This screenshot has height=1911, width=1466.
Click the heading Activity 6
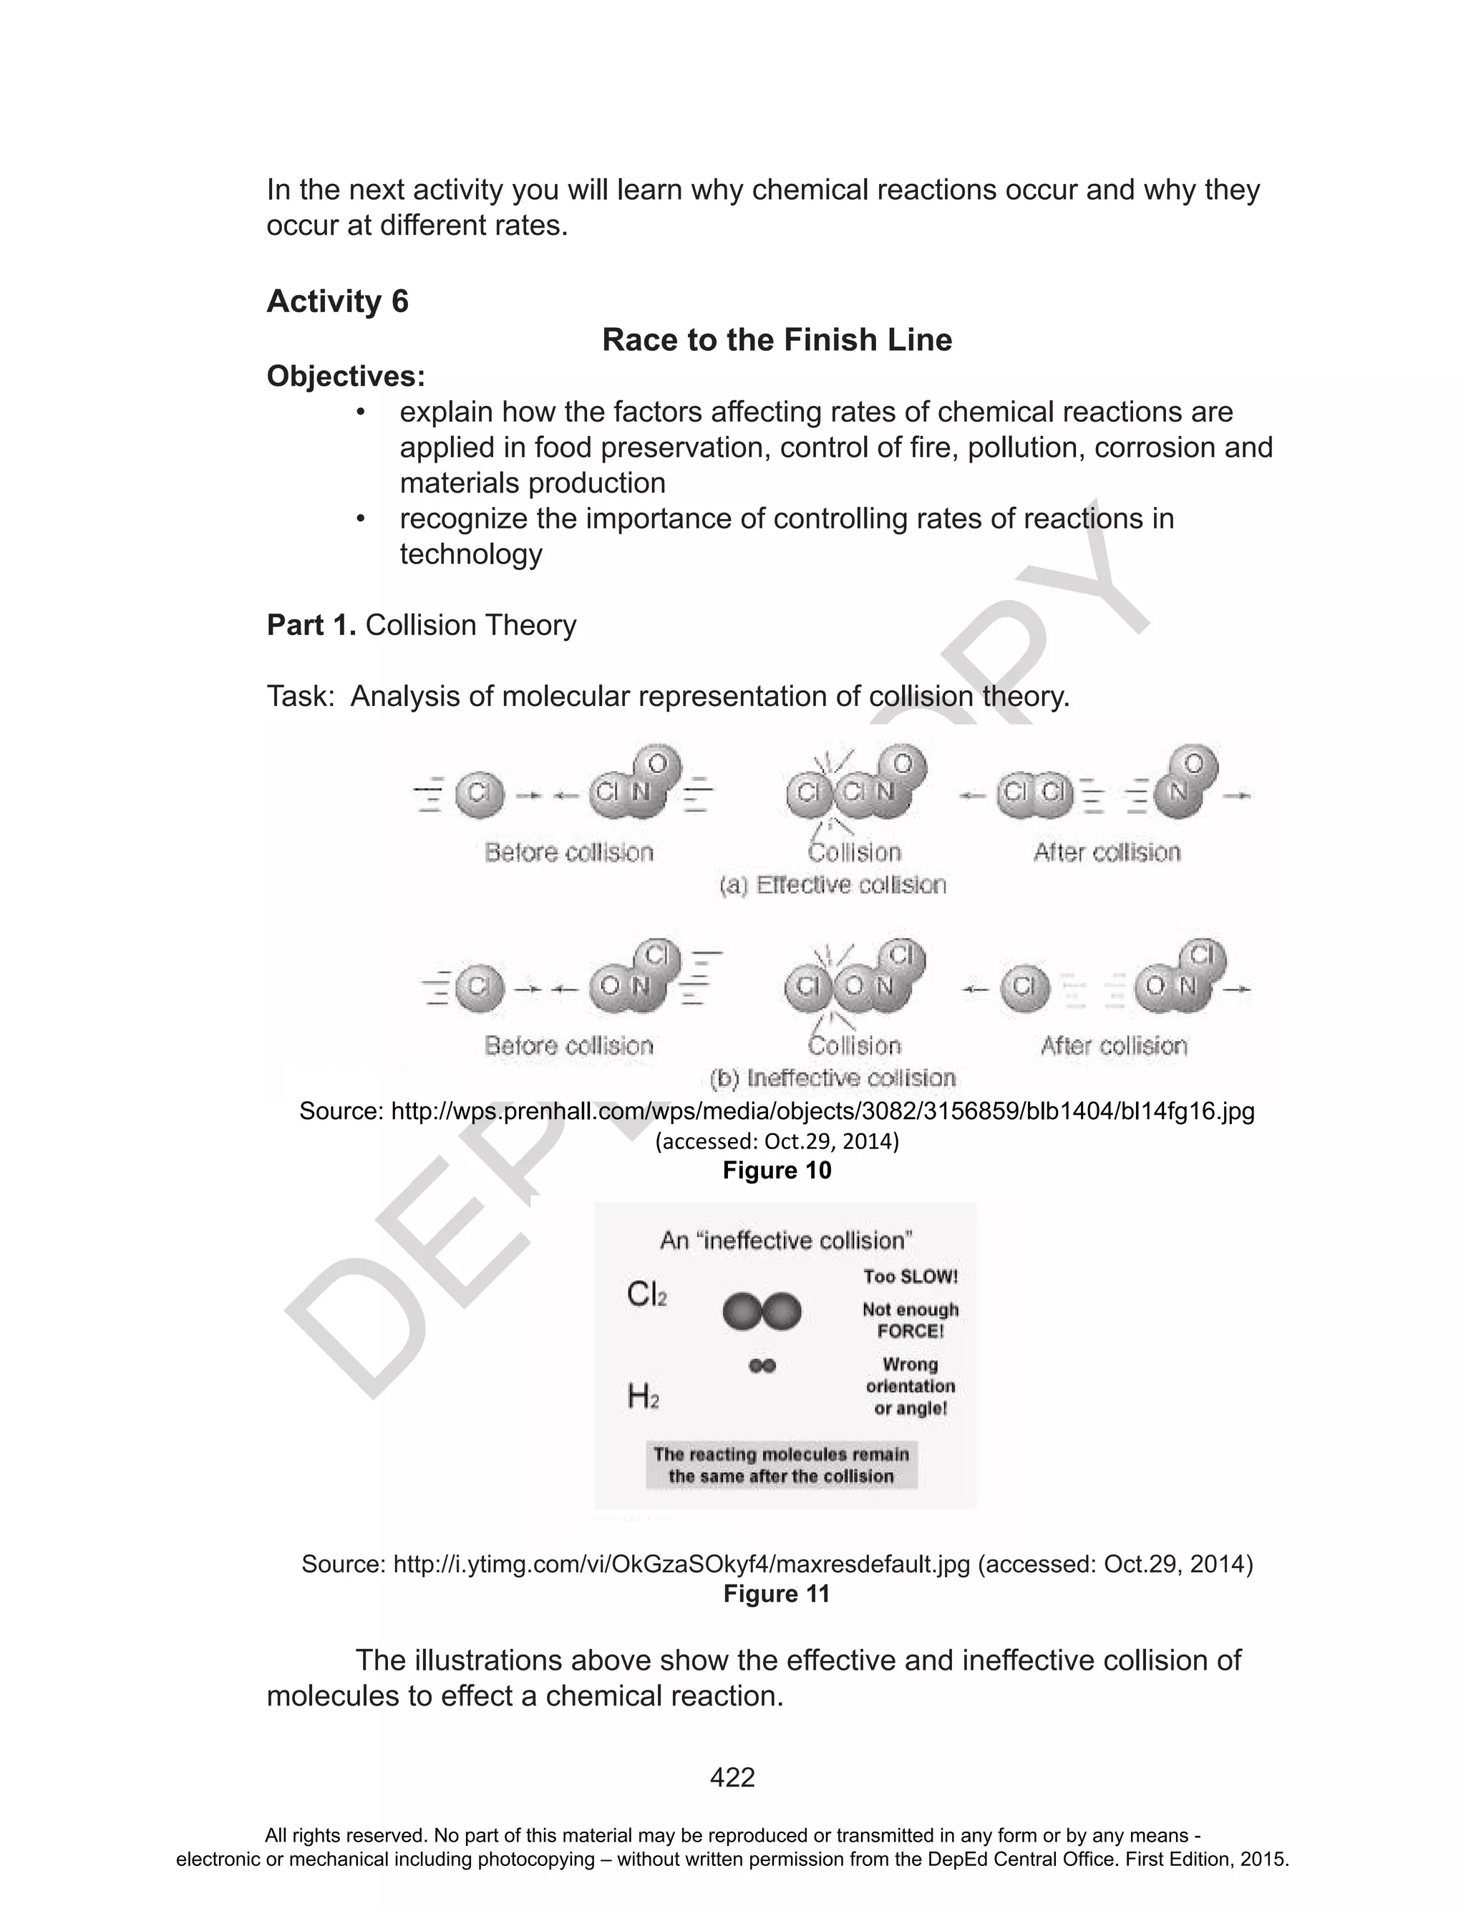337,302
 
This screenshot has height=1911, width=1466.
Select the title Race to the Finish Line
776,339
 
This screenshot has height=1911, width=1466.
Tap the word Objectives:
346,376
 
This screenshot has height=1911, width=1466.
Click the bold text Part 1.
311,625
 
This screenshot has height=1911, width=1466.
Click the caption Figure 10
777,1170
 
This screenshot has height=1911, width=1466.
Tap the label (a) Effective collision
832,885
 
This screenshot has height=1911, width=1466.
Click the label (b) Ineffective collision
832,1078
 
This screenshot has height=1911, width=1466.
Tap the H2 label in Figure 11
643,1397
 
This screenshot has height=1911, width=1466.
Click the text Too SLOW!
910,1277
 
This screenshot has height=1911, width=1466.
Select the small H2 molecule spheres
762,1365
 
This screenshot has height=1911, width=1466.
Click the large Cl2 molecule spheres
762,1312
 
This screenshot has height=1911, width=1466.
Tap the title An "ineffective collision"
785,1240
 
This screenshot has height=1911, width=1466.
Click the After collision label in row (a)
1107,853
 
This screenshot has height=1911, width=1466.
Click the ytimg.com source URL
681,1564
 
